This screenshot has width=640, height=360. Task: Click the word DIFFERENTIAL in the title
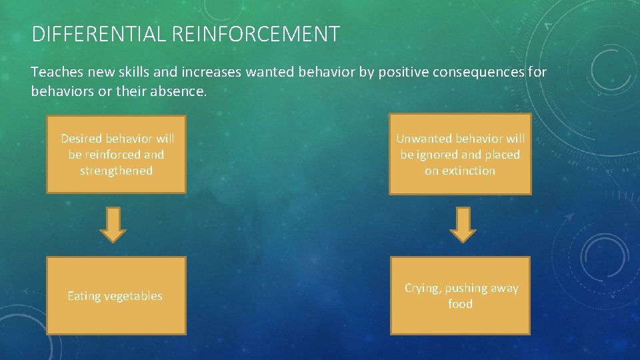(98, 34)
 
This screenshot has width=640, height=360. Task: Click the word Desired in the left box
(81, 139)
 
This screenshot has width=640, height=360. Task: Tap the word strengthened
(116, 171)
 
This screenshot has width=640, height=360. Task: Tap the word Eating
(83, 296)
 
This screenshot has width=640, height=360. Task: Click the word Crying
(423, 288)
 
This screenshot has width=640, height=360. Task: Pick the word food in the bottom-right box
(460, 304)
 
